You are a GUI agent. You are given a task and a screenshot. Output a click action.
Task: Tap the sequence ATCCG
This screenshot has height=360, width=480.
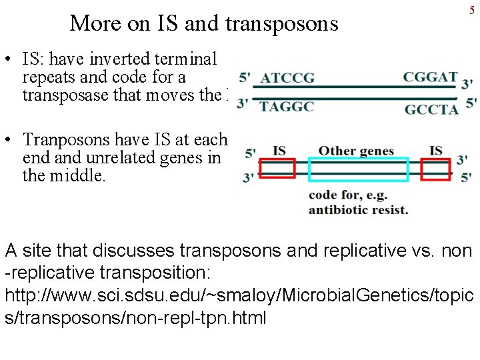(287, 78)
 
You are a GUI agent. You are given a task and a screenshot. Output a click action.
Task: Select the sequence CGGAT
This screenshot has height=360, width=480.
(430, 77)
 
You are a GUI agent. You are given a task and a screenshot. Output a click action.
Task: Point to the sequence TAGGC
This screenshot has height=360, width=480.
(287, 107)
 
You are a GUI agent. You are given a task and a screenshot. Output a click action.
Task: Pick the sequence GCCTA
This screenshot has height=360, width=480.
(431, 109)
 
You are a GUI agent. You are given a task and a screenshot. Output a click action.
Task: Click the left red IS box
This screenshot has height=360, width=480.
(277, 169)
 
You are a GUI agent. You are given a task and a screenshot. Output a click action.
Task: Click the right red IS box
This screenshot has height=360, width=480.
(435, 169)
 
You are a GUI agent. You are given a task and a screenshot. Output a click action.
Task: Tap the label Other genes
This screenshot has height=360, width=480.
(356, 151)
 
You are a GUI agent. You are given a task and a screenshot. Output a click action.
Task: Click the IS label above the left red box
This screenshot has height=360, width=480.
(279, 151)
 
